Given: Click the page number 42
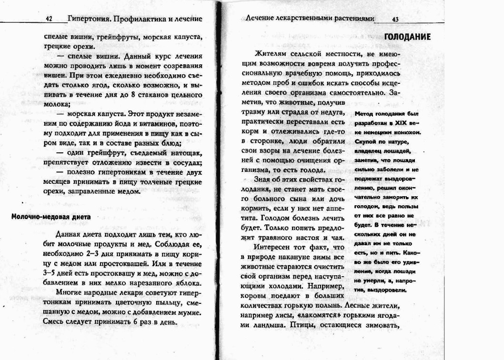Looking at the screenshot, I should (x=49, y=19).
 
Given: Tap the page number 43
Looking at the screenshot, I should (x=395, y=19).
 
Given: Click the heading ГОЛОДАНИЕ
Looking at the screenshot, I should (x=407, y=37).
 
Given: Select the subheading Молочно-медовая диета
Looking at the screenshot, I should (x=50, y=217).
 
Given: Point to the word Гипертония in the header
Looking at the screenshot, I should (x=87, y=19).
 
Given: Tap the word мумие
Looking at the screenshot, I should (x=181, y=312).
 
